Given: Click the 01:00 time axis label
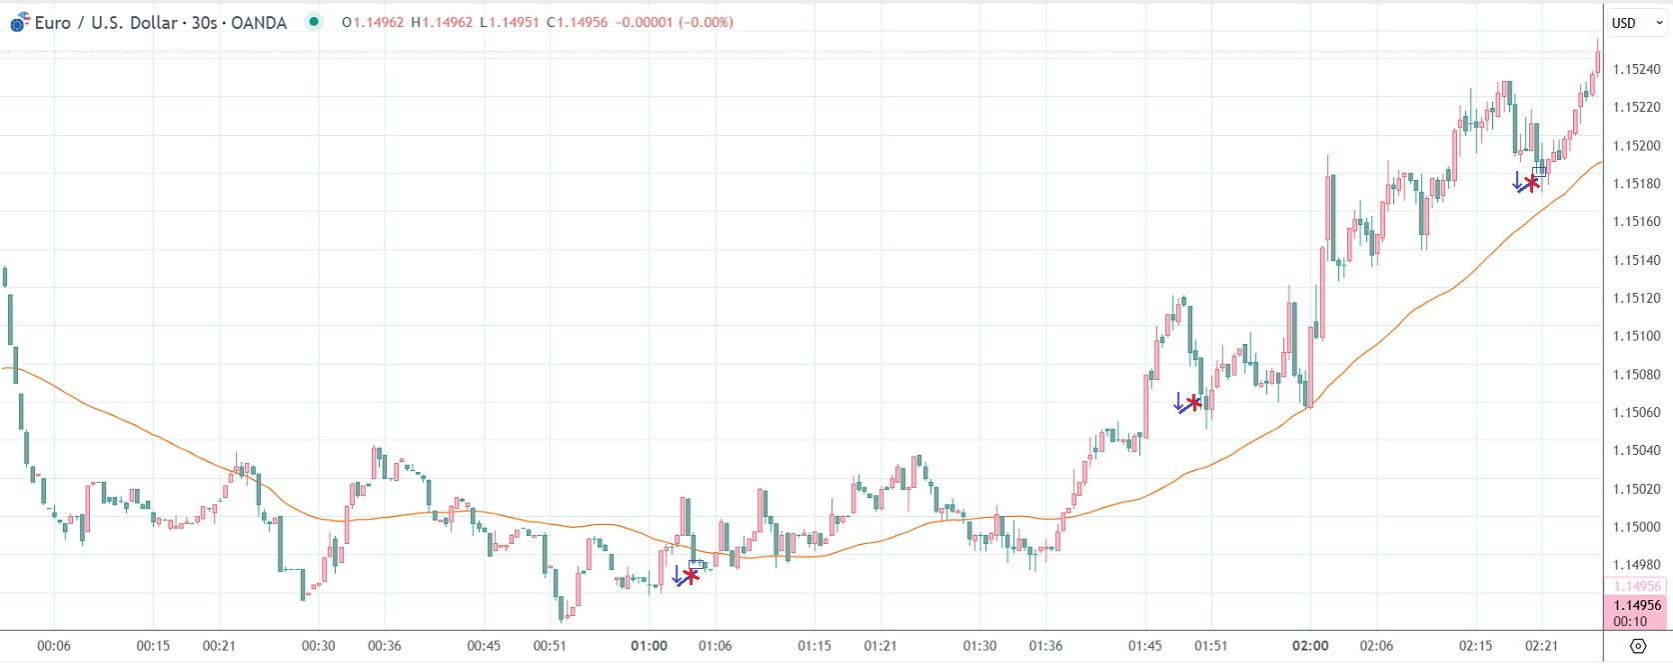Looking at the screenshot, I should click(649, 646).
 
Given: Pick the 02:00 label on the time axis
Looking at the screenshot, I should click(1310, 646).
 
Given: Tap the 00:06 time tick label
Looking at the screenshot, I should click(54, 646).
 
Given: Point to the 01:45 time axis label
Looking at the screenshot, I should click(1145, 646).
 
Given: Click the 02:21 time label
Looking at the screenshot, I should click(1542, 646).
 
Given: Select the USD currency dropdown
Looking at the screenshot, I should click(1636, 23).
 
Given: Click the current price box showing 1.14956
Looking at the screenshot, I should click(1637, 605).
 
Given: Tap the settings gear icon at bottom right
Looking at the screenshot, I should click(1637, 646).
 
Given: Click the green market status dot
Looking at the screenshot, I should click(315, 21).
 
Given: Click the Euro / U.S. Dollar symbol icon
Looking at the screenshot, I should click(19, 23).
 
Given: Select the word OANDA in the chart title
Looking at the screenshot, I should click(259, 22).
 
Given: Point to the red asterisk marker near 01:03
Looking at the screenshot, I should click(691, 575).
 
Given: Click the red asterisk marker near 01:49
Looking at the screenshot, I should click(1193, 403).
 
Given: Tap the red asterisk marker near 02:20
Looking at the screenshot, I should click(1531, 182).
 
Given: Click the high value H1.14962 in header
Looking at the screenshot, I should click(442, 22).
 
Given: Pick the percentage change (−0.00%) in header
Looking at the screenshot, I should click(706, 22).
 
